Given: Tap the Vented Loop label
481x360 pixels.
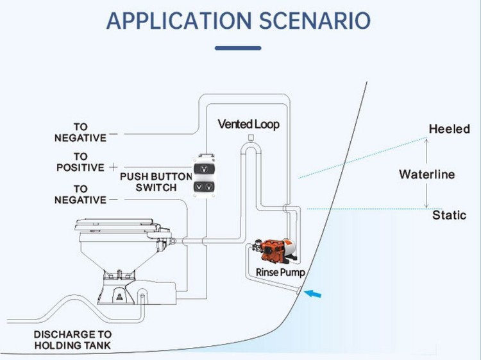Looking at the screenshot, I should pos(248,124).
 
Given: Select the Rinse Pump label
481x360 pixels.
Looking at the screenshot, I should pos(280,272).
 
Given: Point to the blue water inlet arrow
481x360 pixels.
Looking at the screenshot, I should pos(313,295).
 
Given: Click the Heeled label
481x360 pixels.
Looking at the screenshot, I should pos(449,129).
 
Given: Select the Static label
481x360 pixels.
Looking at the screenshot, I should pos(449,215).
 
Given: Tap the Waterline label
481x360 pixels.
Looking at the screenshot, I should pos(426,174).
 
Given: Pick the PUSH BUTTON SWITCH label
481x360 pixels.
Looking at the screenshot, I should pos(156,182).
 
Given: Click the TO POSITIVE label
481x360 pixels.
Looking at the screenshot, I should pos(80,162).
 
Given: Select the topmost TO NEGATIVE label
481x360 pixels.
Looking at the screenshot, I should pos(80,132).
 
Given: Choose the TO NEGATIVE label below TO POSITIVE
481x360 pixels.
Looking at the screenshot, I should pos(80,194).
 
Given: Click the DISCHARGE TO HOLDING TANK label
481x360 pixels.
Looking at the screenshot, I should pos(72,340).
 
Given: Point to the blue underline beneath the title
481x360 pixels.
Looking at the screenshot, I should pos(239,47).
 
